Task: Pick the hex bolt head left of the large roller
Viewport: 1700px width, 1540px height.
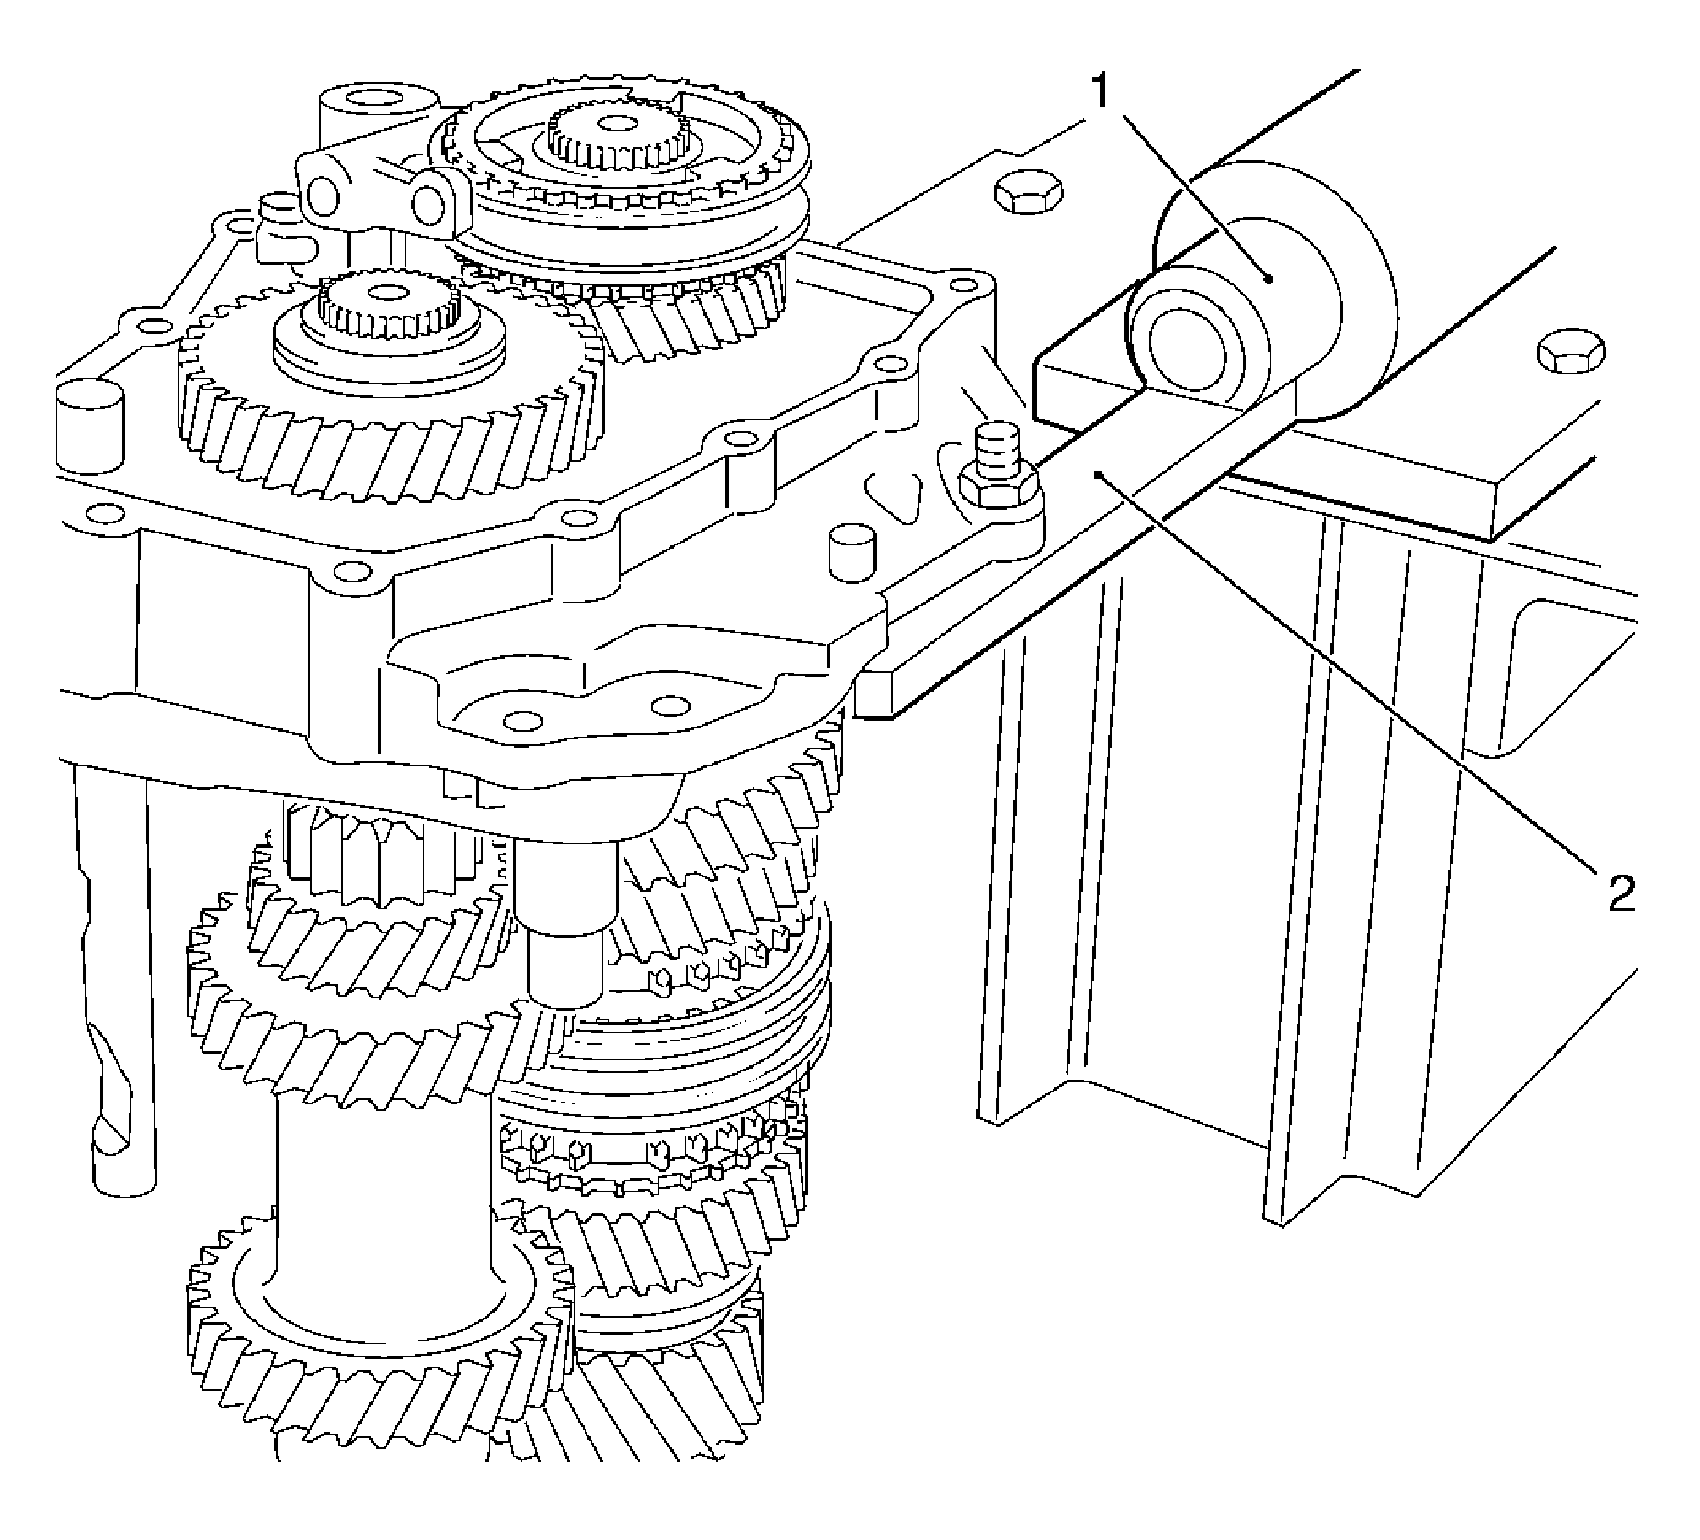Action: pyautogui.click(x=1027, y=195)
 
